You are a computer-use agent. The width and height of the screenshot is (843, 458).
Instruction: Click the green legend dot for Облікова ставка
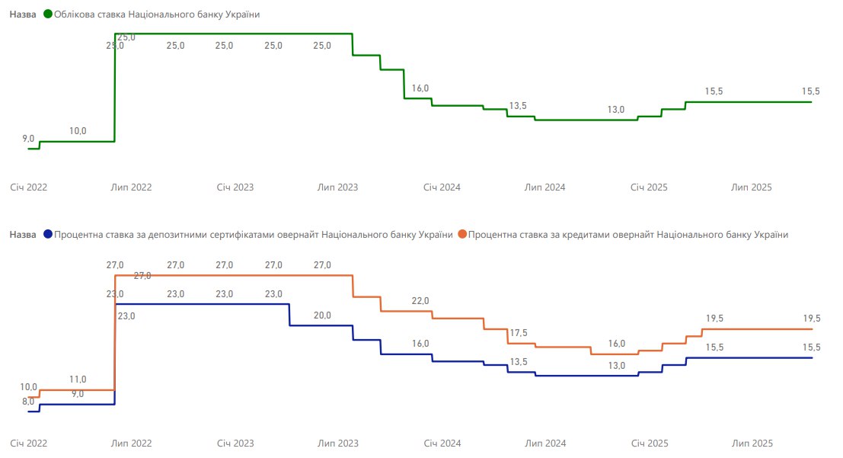49,14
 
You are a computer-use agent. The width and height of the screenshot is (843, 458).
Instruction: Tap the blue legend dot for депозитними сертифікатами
49,235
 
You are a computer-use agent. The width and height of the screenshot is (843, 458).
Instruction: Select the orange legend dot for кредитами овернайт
463,235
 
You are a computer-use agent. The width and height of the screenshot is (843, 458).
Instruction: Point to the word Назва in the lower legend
23,235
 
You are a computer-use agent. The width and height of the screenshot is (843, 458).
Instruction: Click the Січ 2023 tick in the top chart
235,187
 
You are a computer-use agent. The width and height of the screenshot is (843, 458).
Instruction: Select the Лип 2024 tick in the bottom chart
545,443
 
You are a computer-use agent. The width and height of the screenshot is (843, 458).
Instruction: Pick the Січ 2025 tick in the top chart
649,187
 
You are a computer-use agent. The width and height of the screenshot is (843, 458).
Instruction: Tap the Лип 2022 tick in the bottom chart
131,443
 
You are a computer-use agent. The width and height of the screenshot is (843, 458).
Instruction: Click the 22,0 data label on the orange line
420,301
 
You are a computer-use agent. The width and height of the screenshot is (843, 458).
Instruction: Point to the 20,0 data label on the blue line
322,315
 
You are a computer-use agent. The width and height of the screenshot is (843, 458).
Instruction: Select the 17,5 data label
518,332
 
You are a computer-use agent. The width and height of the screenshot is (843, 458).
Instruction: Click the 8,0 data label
28,402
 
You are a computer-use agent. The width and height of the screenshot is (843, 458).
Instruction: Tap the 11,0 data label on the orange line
78,380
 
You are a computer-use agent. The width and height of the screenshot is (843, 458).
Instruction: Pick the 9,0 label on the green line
28,139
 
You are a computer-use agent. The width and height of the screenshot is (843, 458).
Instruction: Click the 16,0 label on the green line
420,88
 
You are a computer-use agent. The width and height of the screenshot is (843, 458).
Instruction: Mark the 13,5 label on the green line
518,106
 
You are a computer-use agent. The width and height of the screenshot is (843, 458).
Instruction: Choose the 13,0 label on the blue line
616,366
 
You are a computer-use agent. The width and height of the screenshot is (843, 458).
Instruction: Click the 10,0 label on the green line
78,131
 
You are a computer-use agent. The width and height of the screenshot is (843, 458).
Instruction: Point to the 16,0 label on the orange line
616,344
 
